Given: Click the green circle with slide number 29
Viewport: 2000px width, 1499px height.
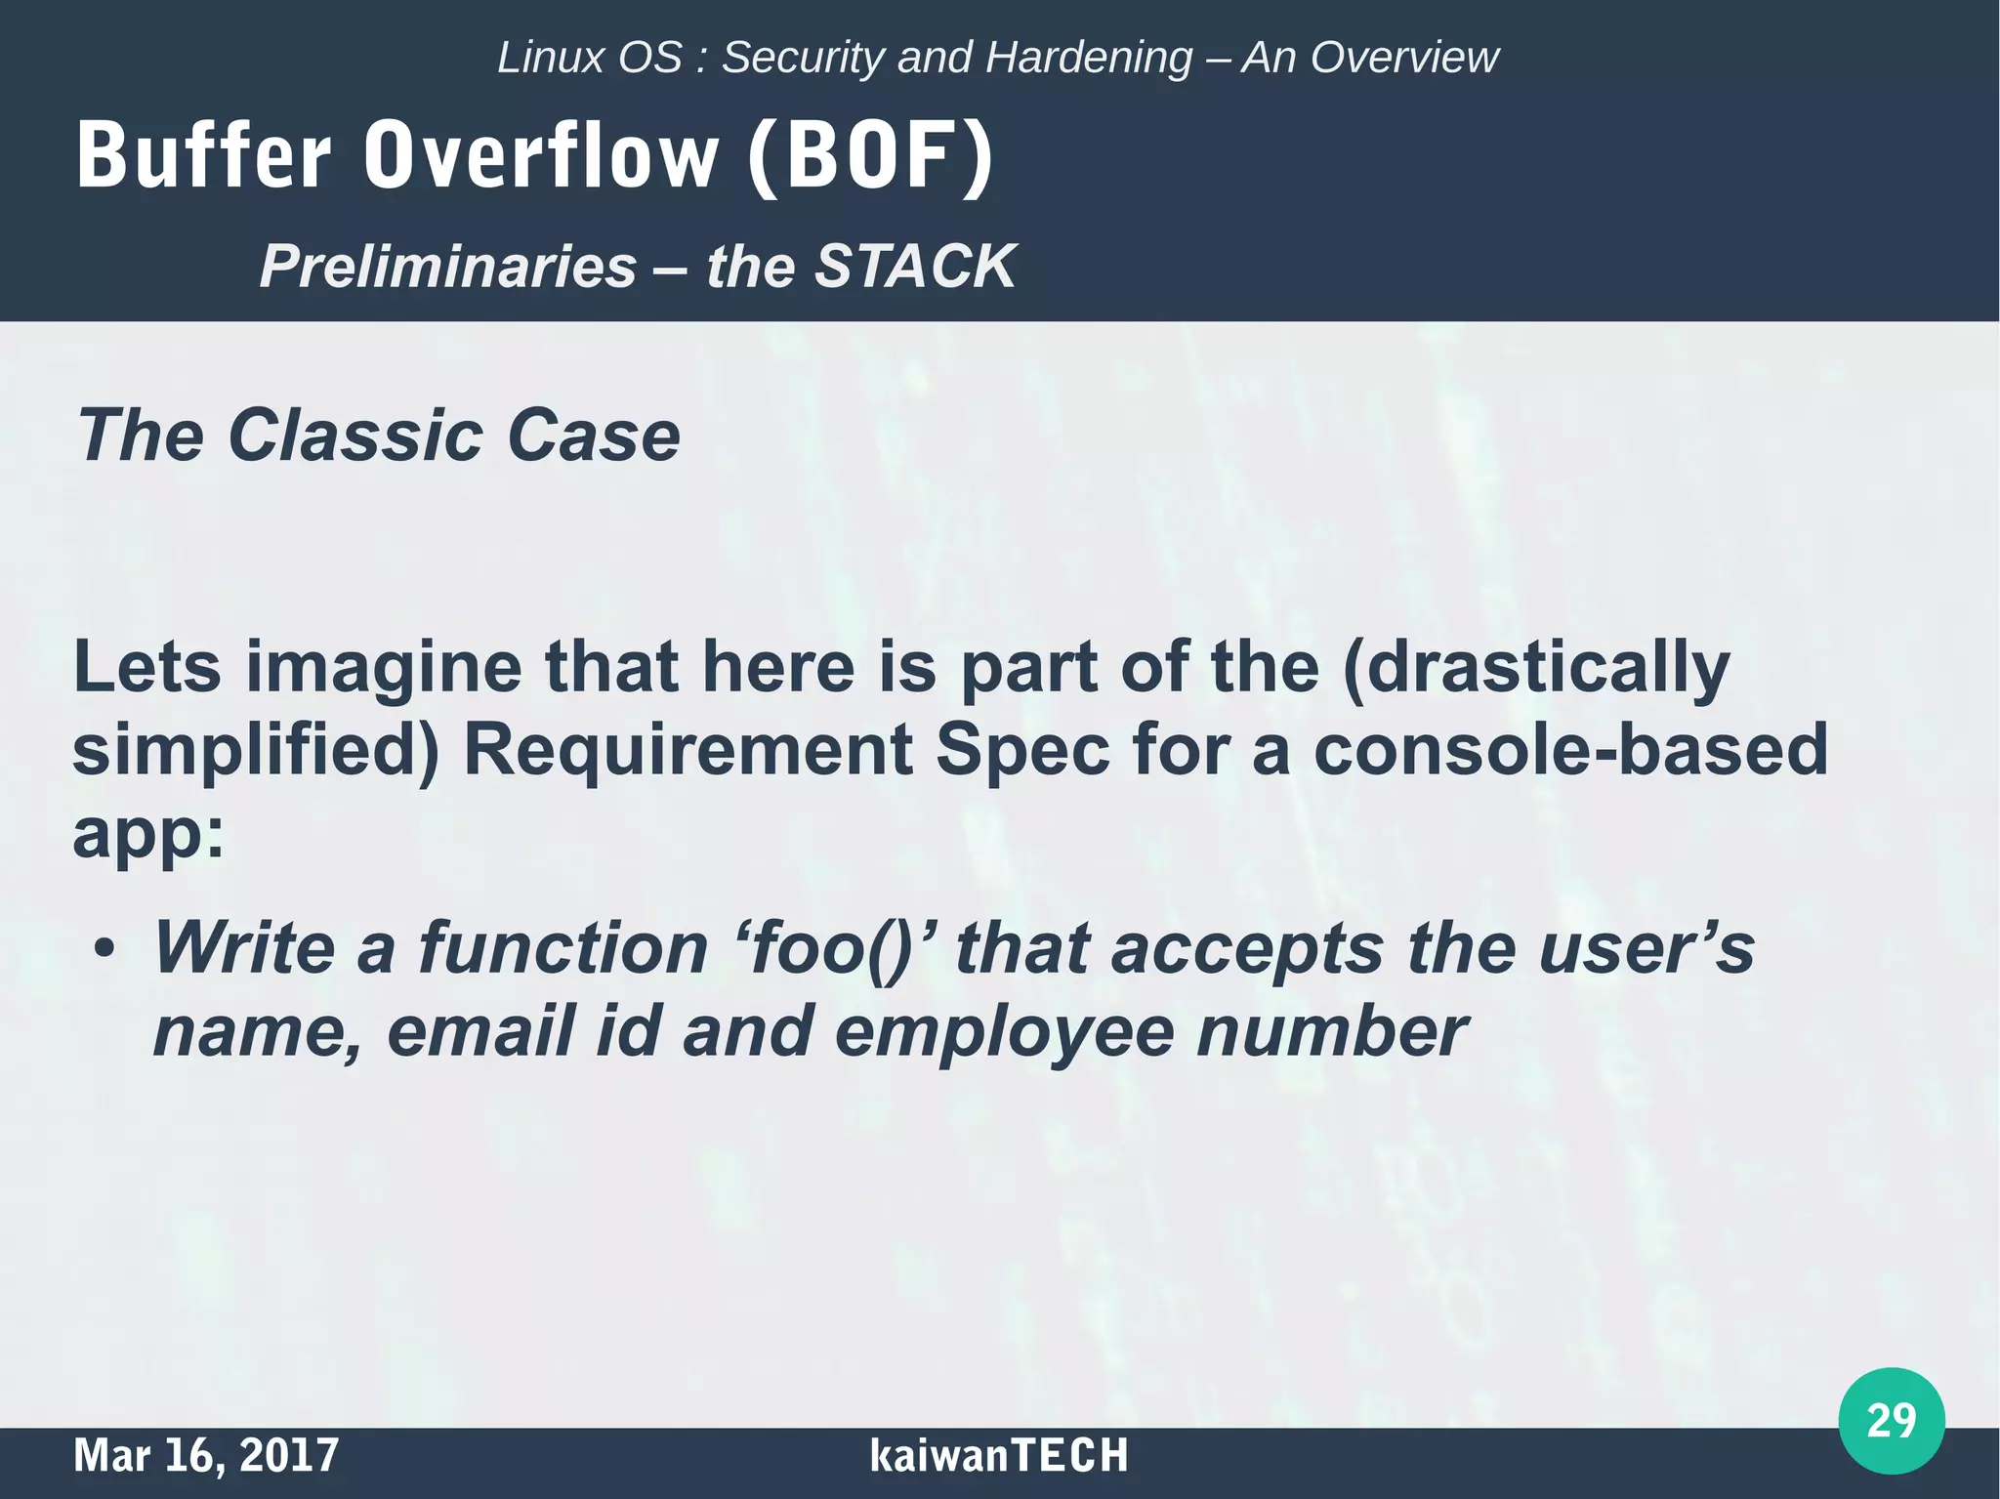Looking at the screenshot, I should pos(1891,1421).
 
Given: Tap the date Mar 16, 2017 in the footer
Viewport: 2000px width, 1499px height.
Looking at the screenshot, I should pos(206,1455).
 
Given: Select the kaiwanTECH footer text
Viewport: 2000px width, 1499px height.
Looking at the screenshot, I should pos(998,1455).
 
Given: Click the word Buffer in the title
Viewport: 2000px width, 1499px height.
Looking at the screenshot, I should pos(203,156).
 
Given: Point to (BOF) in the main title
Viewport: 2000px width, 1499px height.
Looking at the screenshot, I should pos(869,156).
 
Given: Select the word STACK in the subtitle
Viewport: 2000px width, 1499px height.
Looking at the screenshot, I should pos(915,266).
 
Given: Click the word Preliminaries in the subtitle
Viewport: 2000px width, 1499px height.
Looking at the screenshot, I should pos(448,266).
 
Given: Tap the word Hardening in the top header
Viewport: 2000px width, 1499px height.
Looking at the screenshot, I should pos(1089,58).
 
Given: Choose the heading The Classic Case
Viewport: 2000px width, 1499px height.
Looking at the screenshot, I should pos(378,436).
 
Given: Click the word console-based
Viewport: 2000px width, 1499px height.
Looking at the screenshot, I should pos(1569,751).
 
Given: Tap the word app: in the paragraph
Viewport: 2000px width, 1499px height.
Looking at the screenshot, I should pos(148,833).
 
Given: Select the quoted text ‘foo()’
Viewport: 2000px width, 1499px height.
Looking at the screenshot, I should pos(834,947).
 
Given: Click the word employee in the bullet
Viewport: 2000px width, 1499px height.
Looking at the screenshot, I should pos(1005,1032).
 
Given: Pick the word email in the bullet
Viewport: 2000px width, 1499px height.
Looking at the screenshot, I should pos(477,1032).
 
